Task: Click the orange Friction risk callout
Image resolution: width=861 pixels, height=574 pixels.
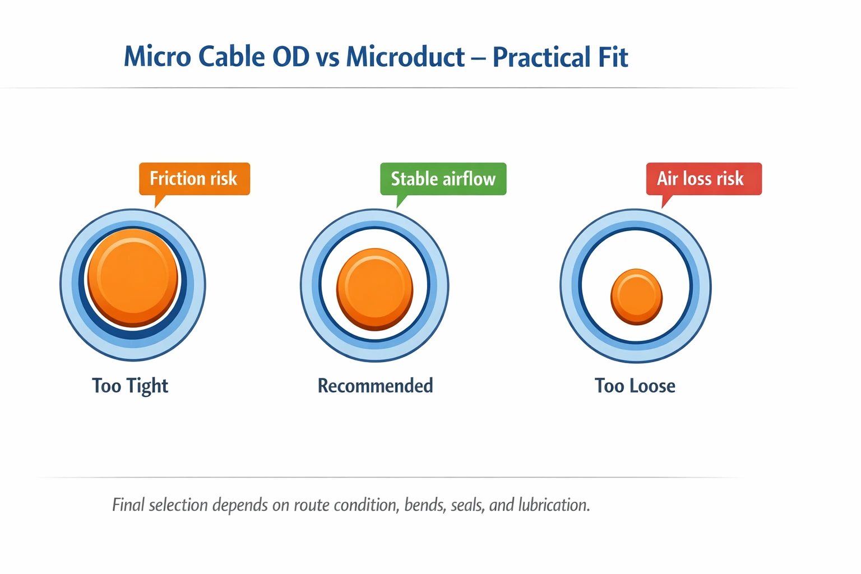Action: point(194,179)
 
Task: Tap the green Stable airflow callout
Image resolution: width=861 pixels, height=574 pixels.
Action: point(443,179)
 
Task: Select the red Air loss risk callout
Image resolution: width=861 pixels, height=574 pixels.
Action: point(703,179)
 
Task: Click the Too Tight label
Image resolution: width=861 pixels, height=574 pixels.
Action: point(130,386)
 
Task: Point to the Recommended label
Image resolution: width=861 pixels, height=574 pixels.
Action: point(375,386)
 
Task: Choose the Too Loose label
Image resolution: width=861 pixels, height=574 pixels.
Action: point(635,386)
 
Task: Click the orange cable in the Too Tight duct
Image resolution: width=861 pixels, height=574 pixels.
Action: point(133,277)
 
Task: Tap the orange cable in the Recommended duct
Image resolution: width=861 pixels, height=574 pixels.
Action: point(374,289)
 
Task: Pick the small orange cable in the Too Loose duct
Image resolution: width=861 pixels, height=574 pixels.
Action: point(636,297)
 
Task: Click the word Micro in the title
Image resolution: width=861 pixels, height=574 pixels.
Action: point(158,57)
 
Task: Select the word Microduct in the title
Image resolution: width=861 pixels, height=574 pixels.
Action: point(405,57)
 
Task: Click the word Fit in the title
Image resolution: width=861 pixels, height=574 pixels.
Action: point(613,57)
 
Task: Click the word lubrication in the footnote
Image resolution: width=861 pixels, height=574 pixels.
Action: point(554,504)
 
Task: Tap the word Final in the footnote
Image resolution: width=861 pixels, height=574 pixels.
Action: point(128,504)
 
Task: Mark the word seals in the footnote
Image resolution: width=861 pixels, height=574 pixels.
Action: point(467,504)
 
